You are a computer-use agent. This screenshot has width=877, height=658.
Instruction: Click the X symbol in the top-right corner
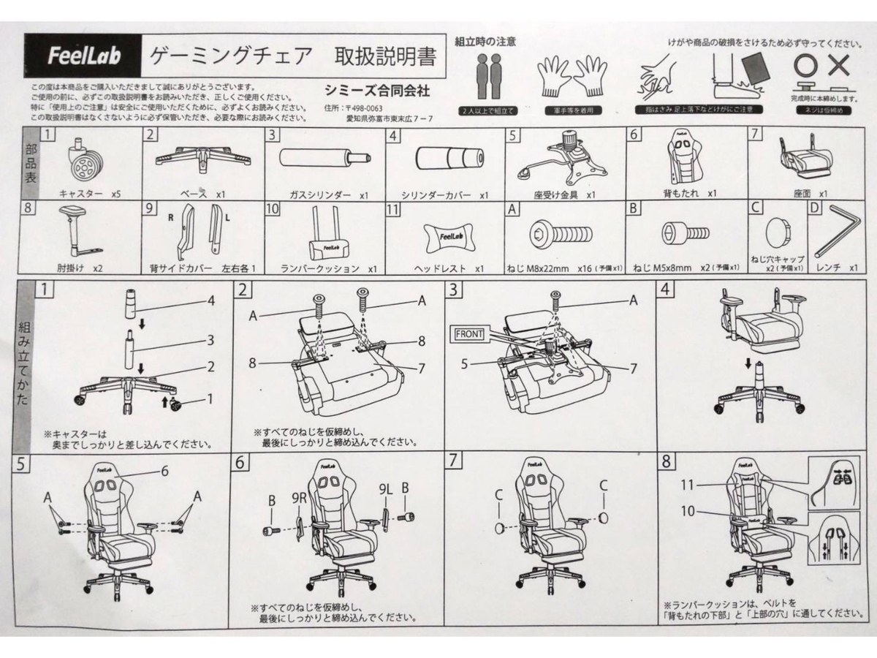839,67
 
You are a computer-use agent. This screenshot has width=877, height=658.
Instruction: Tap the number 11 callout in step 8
688,483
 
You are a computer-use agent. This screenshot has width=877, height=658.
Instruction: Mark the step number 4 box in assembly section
664,289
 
